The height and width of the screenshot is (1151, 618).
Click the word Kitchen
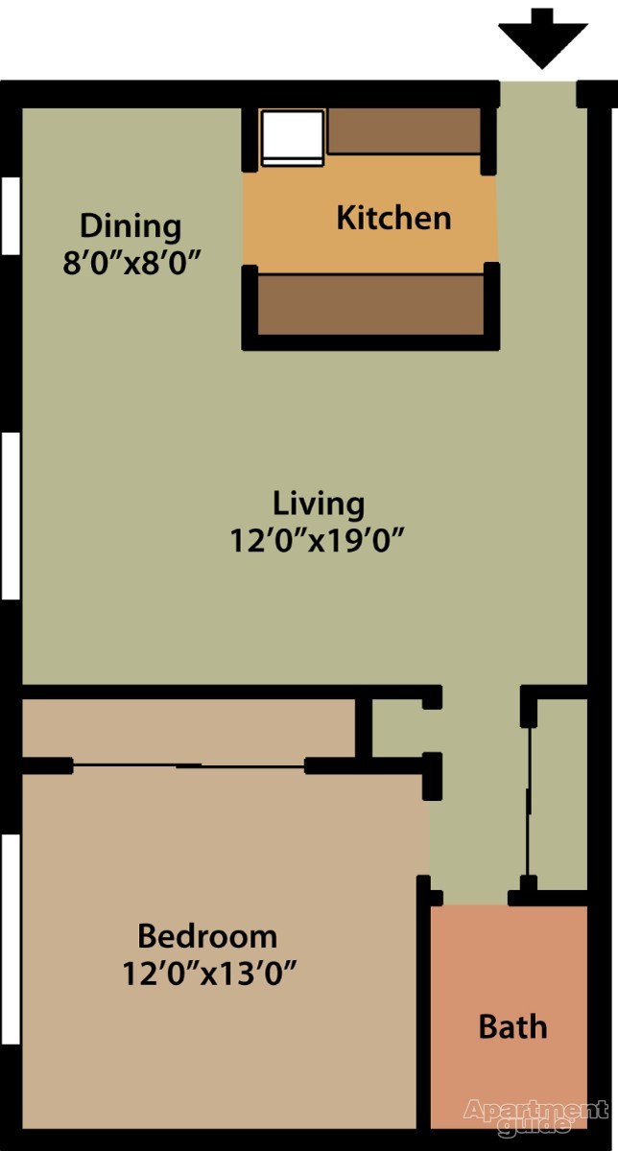(x=393, y=218)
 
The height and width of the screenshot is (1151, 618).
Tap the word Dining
(x=130, y=226)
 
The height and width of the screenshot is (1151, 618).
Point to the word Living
(x=319, y=503)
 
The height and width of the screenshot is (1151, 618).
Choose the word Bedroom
(x=207, y=935)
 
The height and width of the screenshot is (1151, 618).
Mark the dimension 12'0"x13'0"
(x=207, y=974)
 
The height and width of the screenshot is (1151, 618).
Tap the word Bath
(x=512, y=1027)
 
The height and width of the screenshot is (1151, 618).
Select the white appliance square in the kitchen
(x=294, y=137)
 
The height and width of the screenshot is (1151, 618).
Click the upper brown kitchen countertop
(x=404, y=130)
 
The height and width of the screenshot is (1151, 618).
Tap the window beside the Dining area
(x=11, y=215)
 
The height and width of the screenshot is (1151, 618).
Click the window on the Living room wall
(x=11, y=515)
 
